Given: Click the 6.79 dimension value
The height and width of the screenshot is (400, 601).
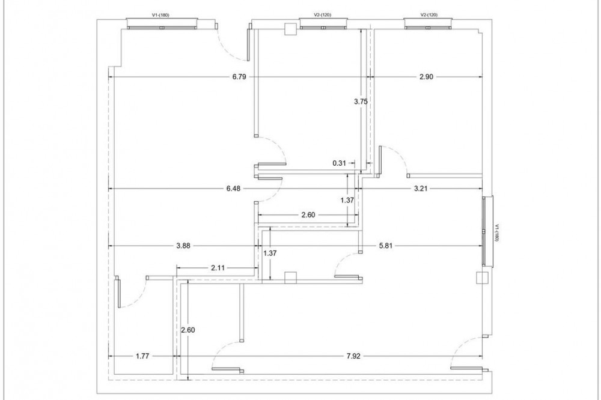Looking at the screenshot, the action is click(x=239, y=77).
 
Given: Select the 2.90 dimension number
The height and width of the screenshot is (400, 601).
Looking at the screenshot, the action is click(x=426, y=77).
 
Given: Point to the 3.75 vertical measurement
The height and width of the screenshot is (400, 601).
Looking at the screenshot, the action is click(x=361, y=102).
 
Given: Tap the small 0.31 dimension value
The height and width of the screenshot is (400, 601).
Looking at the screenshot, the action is click(x=339, y=163).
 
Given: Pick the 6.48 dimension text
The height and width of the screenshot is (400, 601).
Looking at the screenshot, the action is click(x=233, y=188).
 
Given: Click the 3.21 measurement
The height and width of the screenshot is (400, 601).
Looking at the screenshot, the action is click(x=421, y=188).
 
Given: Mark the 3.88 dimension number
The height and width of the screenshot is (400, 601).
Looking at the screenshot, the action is click(x=183, y=246).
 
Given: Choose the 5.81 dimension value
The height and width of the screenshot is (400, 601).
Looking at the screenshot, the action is click(x=386, y=246).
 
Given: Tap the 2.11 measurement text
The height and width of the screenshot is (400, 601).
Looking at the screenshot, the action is click(x=218, y=268).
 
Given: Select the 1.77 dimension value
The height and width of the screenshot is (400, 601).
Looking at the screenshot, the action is click(x=142, y=356).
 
